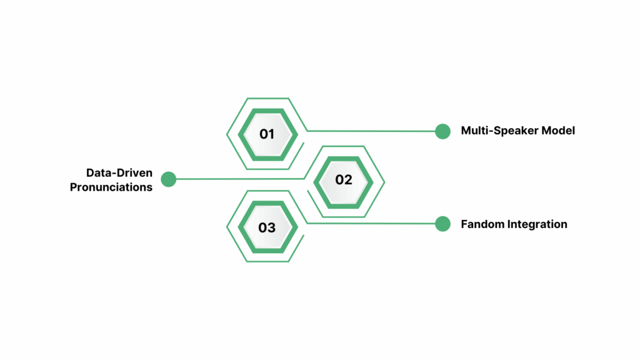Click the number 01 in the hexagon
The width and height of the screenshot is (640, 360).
(267, 133)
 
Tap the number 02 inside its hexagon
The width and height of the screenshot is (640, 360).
(344, 180)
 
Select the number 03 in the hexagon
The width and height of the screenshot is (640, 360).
(267, 227)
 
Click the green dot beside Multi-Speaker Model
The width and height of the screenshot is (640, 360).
(442, 131)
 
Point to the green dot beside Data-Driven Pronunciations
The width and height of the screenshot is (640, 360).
(168, 179)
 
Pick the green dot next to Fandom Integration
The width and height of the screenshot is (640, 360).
(442, 224)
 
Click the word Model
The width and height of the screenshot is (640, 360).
(558, 131)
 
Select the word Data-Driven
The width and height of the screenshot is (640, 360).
(119, 172)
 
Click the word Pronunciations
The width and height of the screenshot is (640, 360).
(111, 187)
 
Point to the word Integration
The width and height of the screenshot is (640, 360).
(538, 224)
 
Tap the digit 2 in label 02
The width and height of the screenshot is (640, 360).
(348, 180)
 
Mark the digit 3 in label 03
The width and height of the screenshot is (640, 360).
(272, 227)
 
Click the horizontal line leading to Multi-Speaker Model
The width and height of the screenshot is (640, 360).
(375, 131)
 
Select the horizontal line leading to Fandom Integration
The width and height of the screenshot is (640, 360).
(375, 224)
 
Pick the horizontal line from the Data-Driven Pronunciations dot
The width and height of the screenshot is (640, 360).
(237, 179)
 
